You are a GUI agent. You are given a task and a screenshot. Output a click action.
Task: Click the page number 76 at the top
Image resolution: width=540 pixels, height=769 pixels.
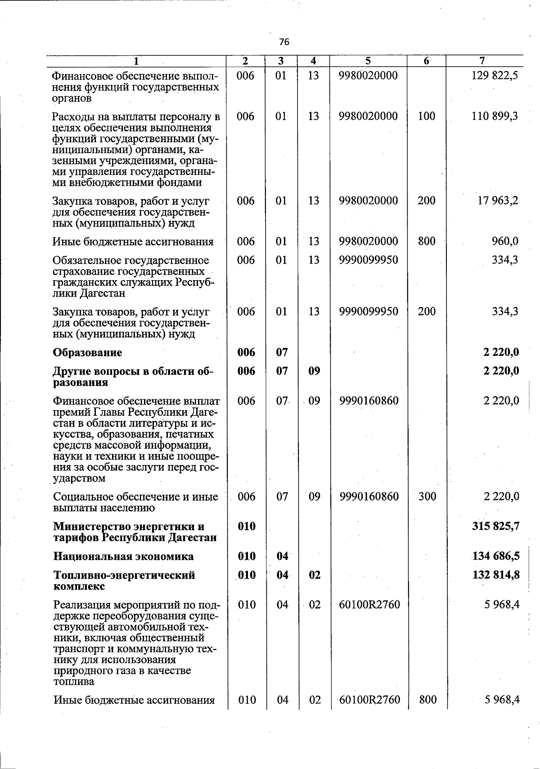pos(284,42)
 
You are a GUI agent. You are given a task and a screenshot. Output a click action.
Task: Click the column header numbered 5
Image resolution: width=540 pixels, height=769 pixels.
pos(368,61)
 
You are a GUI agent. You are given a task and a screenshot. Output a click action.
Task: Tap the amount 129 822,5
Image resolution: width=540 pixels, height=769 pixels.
pos(495,76)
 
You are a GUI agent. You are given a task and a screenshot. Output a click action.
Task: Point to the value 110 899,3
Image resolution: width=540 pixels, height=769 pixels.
pos(495,116)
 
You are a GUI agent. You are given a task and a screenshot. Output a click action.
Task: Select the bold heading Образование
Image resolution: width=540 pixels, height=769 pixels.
pos(87,353)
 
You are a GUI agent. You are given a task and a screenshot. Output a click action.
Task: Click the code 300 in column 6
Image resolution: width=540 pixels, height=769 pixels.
pos(427,496)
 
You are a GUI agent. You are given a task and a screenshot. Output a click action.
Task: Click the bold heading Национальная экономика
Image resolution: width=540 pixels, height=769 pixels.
pos(123,557)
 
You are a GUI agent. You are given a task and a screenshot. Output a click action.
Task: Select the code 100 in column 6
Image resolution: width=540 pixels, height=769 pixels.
pos(426,116)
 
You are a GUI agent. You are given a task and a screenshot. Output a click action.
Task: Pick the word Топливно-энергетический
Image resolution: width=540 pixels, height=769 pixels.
pos(124,576)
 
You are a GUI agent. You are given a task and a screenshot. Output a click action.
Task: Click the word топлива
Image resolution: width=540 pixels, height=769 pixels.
pos(74,682)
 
